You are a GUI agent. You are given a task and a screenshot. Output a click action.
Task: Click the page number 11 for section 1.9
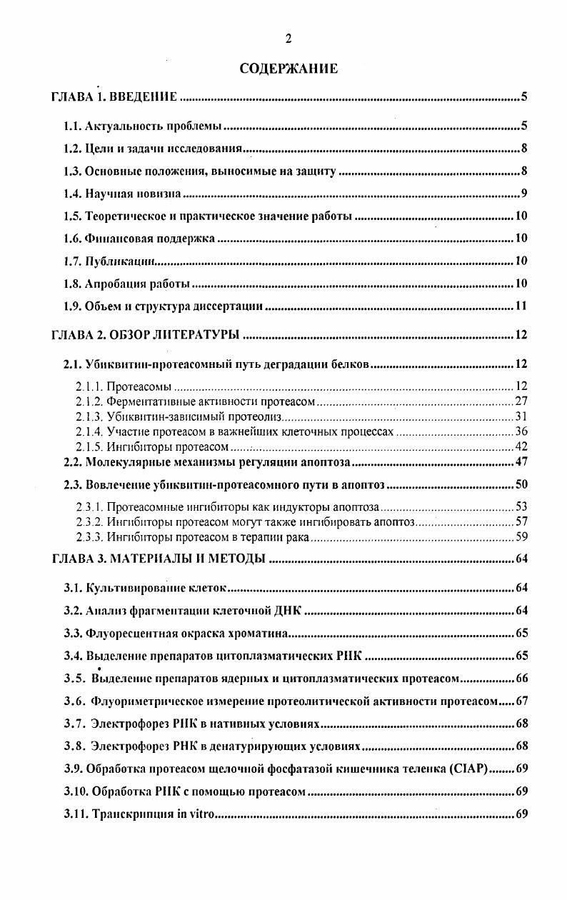click(x=521, y=307)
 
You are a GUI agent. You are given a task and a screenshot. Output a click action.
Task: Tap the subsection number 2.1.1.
click(x=89, y=387)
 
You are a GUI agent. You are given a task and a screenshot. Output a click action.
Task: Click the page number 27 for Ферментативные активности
click(x=521, y=402)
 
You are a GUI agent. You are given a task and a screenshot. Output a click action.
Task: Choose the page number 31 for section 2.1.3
click(x=521, y=417)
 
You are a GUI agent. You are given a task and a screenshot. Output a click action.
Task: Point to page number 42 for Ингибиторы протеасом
click(x=521, y=447)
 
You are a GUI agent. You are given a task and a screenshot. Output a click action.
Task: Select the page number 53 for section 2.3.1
click(x=521, y=508)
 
